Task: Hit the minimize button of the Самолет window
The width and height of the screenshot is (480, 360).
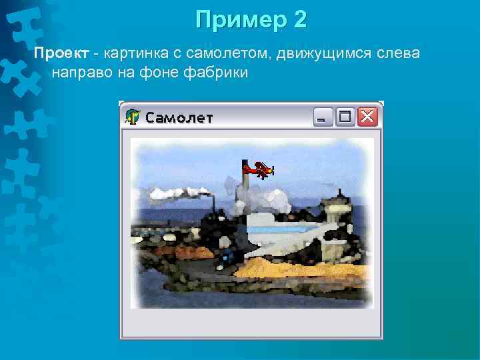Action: (x=323, y=117)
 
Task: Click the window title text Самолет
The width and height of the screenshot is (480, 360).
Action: (x=179, y=118)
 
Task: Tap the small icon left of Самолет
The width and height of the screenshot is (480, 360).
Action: (x=133, y=117)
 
